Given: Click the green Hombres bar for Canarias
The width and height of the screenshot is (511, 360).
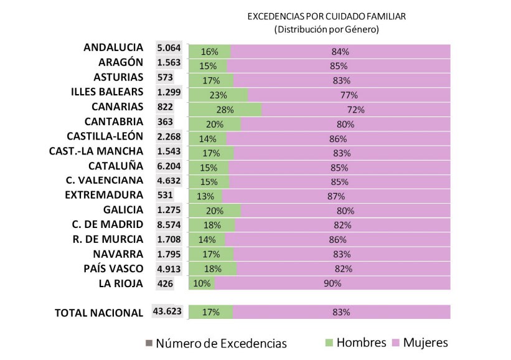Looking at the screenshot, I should [225, 110].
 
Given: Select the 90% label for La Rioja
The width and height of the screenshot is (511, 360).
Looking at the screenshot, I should [333, 284].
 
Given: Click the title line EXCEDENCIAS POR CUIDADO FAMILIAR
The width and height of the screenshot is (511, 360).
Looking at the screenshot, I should [327, 17].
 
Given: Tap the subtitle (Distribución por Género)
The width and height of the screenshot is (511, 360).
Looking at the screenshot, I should [327, 29].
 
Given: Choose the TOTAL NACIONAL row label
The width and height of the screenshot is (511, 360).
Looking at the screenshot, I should [100, 313].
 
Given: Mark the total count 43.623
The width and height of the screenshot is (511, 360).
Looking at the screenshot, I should [167, 311].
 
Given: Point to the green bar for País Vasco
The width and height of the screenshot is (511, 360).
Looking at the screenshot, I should [212, 269].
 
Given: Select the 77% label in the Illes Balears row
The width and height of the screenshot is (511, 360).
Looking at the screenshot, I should [349, 95].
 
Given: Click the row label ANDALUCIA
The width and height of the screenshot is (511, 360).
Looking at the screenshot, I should [113, 47].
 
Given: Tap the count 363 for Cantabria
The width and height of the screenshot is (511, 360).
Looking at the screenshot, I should [166, 121].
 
